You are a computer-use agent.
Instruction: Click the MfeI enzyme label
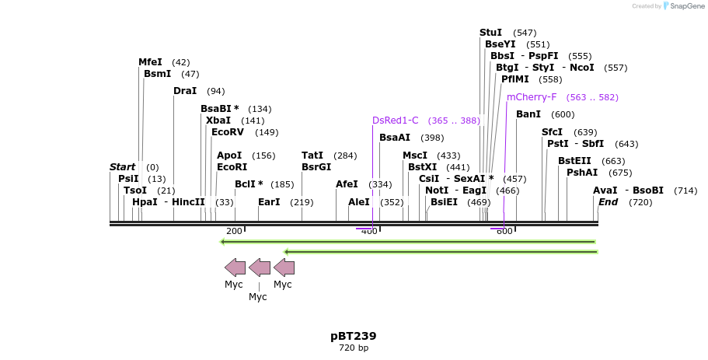click(150, 62)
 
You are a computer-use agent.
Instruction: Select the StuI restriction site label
click(490, 33)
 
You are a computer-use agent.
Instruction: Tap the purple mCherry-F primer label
click(532, 97)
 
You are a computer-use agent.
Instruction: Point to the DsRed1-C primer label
click(395, 121)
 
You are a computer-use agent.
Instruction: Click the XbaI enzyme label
click(218, 121)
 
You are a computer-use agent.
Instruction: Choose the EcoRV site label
click(228, 132)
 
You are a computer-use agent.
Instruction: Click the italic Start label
click(122, 167)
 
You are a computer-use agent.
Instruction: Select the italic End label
click(608, 202)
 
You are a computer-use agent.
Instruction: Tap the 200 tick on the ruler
click(234, 231)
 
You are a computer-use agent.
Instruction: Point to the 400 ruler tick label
click(369, 231)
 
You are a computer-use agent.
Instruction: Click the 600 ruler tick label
click(504, 231)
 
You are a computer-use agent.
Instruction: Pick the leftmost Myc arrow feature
click(235, 268)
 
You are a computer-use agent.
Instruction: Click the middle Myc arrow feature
click(259, 268)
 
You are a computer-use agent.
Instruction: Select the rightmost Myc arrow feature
click(284, 268)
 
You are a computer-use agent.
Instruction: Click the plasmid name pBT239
click(354, 336)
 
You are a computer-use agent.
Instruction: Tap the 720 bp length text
click(354, 348)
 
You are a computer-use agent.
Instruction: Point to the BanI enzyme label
click(528, 115)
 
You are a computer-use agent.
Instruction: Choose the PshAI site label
click(582, 173)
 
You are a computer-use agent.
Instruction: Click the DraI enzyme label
click(185, 91)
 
